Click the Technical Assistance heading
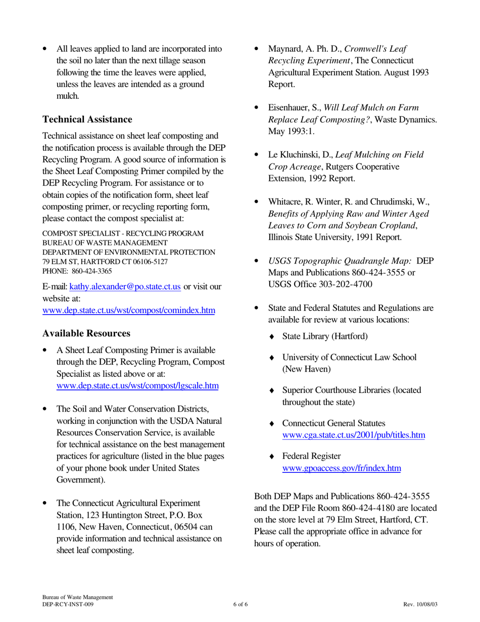pyautogui.click(x=87, y=119)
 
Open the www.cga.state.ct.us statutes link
pyautogui.click(x=353, y=435)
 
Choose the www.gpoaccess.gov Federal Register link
pyautogui.click(x=342, y=468)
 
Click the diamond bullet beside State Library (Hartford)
pyautogui.click(x=272, y=336)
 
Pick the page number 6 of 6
pyautogui.click(x=240, y=604)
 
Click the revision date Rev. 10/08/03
pyautogui.click(x=420, y=604)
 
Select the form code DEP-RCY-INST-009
pyautogui.click(x=68, y=604)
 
